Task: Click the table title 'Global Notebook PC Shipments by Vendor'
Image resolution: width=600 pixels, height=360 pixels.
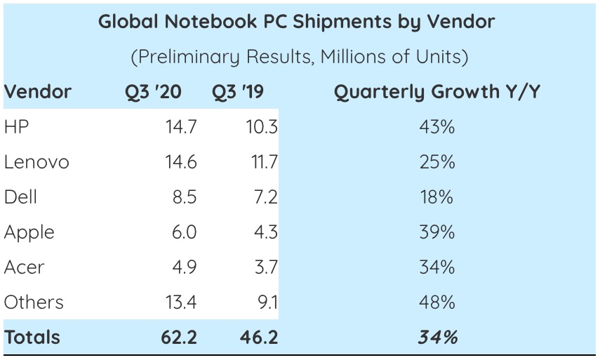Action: click(296, 22)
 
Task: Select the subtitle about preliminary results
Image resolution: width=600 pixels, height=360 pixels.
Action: click(299, 57)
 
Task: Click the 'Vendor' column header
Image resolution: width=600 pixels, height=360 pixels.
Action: click(37, 92)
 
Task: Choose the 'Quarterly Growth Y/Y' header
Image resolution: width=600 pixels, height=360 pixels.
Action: click(437, 92)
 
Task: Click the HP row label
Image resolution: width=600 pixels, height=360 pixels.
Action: click(16, 127)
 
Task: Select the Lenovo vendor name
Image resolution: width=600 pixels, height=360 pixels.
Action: click(36, 162)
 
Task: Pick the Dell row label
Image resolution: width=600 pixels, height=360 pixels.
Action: click(20, 197)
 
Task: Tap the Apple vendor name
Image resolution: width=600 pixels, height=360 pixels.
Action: click(29, 232)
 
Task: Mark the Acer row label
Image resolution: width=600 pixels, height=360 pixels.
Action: click(24, 267)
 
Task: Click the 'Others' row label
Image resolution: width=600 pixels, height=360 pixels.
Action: click(34, 302)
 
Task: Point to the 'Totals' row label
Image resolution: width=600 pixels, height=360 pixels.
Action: click(32, 338)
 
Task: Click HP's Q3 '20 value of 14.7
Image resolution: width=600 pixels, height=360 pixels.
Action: click(181, 127)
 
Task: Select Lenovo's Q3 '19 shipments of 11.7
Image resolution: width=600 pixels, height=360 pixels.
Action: click(262, 162)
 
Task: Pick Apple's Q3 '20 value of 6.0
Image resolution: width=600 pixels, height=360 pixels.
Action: click(184, 232)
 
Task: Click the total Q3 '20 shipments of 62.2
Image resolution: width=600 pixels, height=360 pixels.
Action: click(179, 338)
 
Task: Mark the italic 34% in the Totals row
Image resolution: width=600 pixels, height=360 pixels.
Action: click(438, 338)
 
